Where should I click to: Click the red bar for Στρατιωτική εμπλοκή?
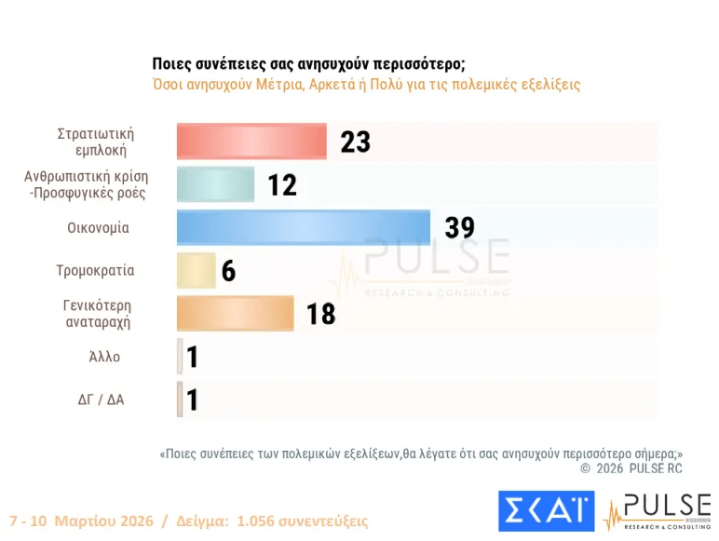(x=251, y=142)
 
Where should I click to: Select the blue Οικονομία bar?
(x=304, y=228)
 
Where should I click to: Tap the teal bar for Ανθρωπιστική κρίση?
(x=215, y=184)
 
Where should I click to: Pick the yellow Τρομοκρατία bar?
(x=196, y=271)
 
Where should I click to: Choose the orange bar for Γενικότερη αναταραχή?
(x=235, y=314)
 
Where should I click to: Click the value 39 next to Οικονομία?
(x=459, y=228)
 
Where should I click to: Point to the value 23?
(x=355, y=142)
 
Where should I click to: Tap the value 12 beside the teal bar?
(x=282, y=185)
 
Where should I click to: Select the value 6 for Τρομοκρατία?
(x=228, y=271)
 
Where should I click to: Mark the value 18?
(x=320, y=315)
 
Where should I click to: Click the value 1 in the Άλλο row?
(x=193, y=358)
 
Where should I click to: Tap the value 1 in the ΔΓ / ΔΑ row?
(x=193, y=400)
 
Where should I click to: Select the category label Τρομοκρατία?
(x=95, y=271)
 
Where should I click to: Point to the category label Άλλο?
(x=105, y=357)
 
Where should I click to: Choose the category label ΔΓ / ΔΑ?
(x=101, y=400)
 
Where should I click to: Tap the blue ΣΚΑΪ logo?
(x=546, y=512)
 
